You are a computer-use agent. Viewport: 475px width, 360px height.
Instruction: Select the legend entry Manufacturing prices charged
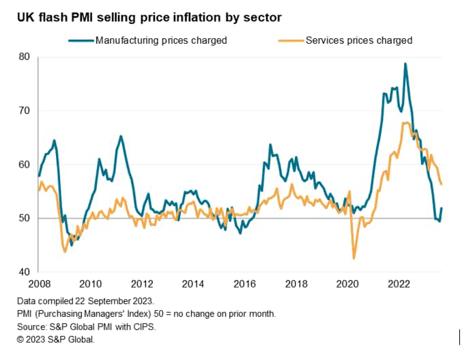pyautogui.click(x=160, y=40)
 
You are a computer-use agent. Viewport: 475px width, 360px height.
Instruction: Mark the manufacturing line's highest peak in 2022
pyautogui.click(x=405, y=64)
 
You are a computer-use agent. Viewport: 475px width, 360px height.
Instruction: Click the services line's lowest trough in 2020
pyautogui.click(x=354, y=258)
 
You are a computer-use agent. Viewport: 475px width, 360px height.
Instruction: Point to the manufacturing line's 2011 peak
pyautogui.click(x=121, y=136)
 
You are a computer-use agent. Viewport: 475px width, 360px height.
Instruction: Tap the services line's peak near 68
pyautogui.click(x=406, y=123)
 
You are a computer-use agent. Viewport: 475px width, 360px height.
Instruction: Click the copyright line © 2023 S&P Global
pyautogui.click(x=55, y=339)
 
